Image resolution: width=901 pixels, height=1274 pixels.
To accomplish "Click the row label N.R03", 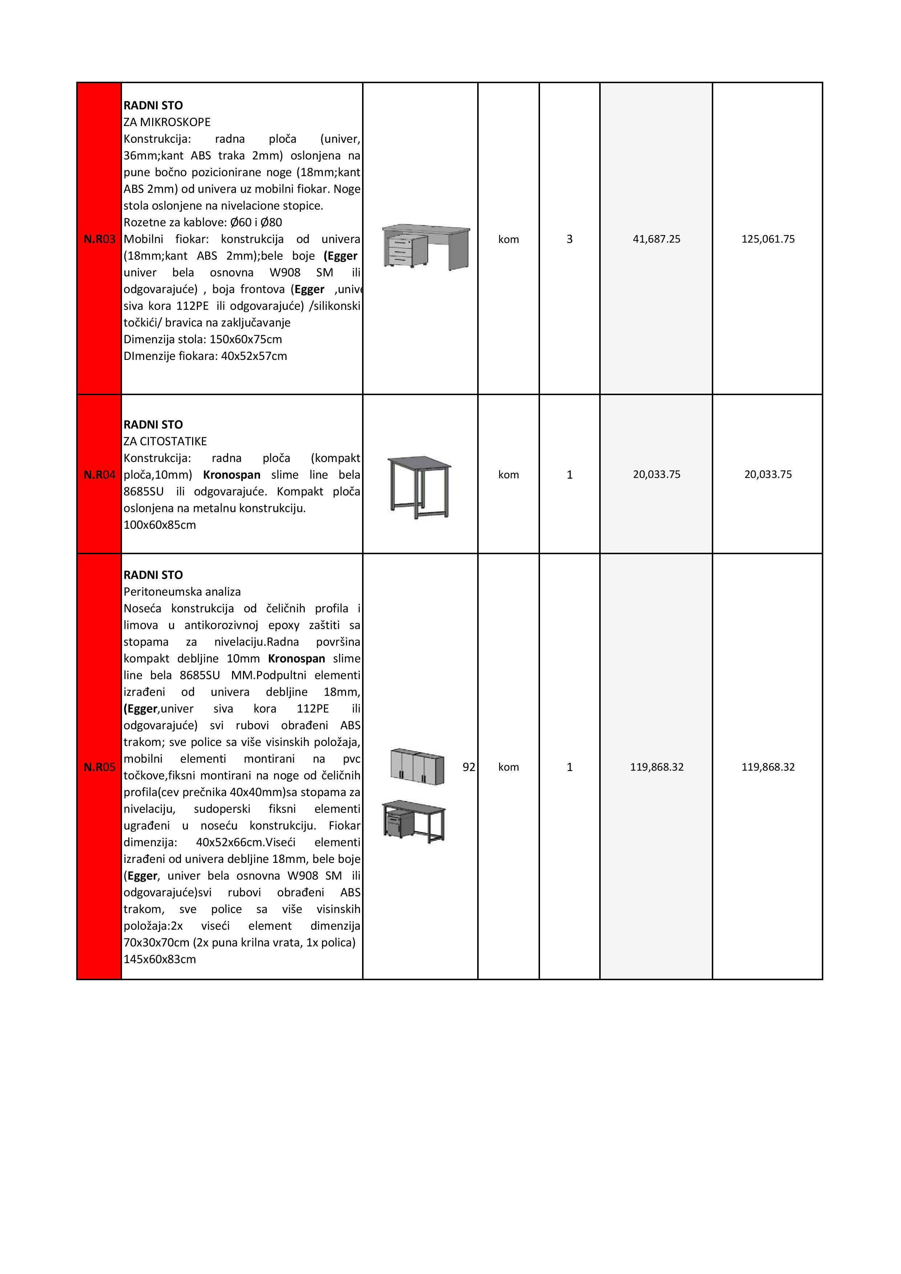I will point(99,239).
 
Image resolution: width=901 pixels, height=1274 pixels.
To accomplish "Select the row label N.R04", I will point(99,474).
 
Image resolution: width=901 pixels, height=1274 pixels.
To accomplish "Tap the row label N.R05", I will point(99,767).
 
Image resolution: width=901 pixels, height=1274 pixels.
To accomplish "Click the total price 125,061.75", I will point(768,239).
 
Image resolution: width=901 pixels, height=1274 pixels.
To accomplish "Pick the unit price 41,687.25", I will point(656,239).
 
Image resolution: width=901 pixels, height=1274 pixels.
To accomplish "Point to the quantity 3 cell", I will point(569,239).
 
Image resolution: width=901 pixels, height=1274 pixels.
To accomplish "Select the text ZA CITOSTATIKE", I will point(165,441).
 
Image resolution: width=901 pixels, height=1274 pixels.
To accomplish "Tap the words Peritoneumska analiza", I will point(182,592).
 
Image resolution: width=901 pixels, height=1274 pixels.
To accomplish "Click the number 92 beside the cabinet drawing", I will point(469,767).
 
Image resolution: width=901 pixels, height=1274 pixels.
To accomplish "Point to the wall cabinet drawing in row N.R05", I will point(417,766).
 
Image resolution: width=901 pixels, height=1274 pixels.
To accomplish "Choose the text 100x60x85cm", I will point(160,525).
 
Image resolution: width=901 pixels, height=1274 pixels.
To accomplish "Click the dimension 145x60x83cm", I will point(160,959).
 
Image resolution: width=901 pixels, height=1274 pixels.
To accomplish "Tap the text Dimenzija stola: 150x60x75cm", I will point(203,340).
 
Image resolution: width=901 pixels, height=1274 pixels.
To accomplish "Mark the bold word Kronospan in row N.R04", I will point(232,475).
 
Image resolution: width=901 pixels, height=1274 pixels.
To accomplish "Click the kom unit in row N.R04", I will point(508,474).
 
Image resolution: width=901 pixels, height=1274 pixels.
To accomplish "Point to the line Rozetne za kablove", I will point(203,223).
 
